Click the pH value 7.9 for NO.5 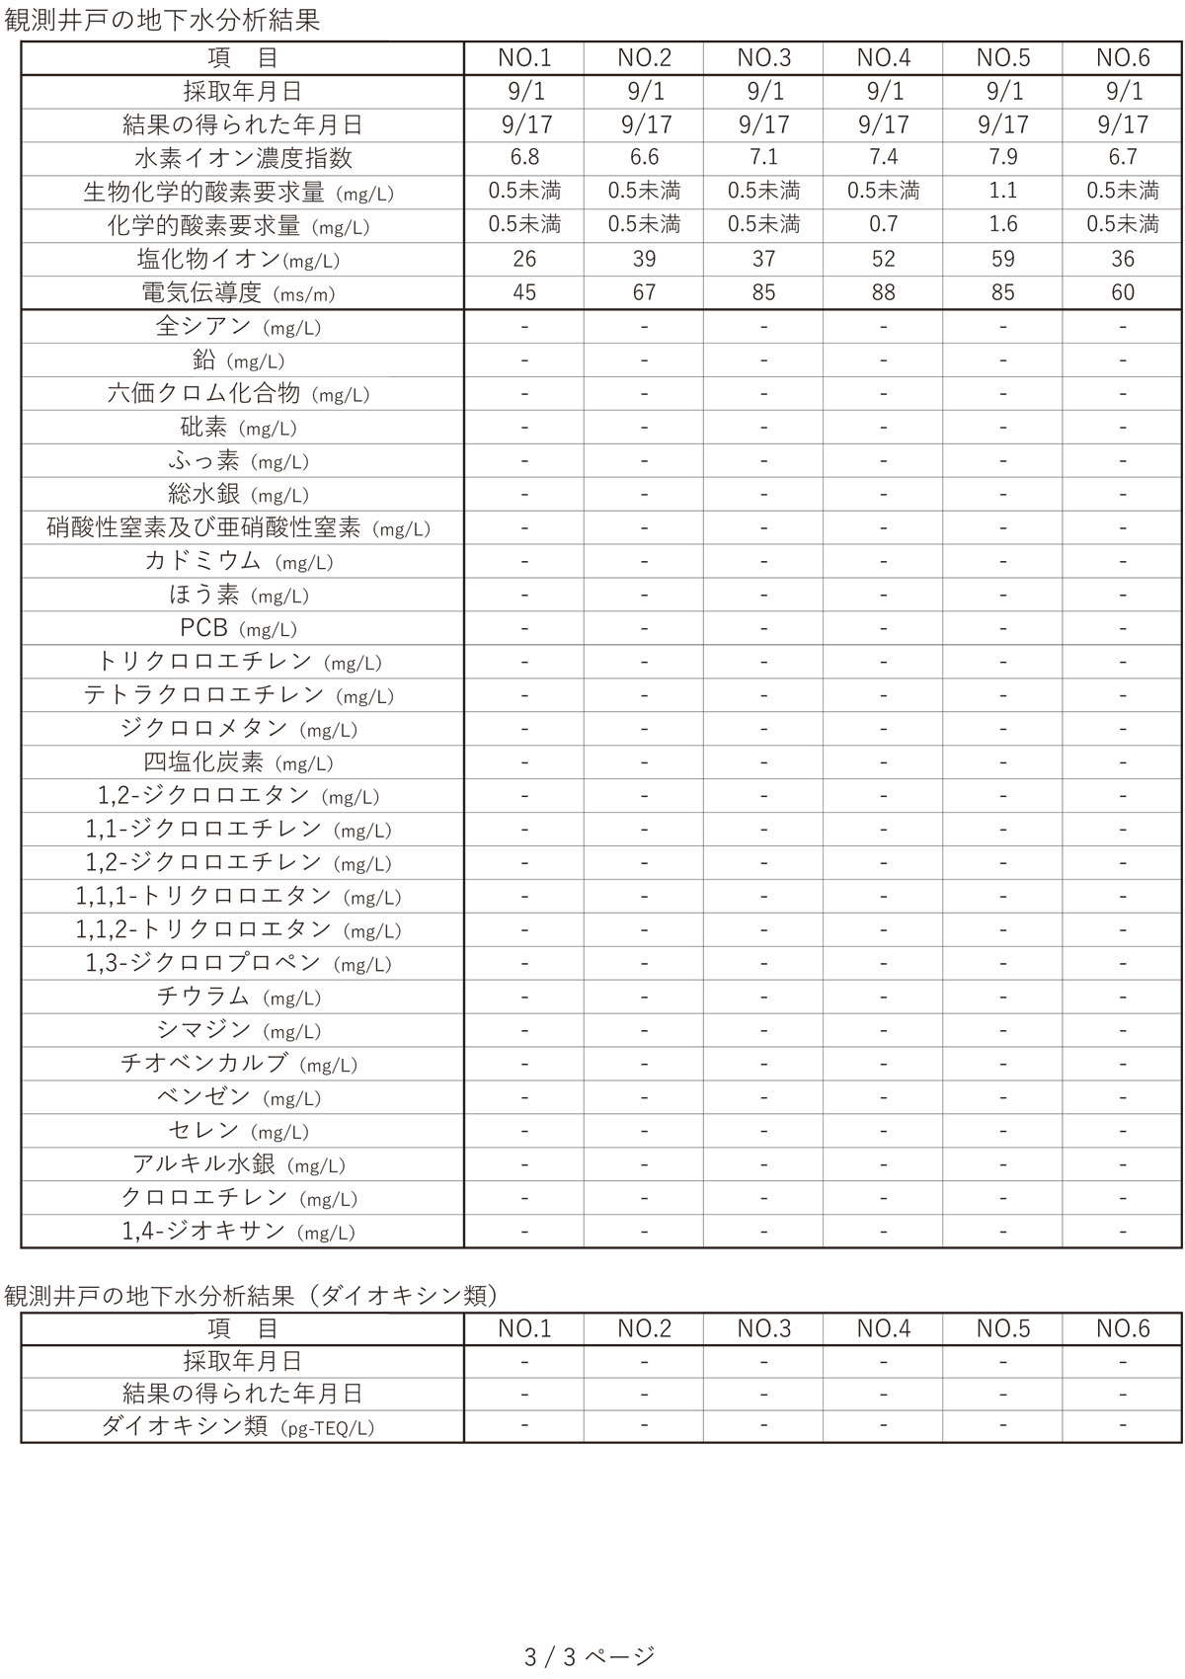click(x=1003, y=158)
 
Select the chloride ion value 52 click(x=884, y=259)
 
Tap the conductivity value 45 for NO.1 click(x=524, y=292)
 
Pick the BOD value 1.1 click(x=1003, y=192)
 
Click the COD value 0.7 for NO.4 click(x=884, y=225)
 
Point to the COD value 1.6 click(x=1003, y=225)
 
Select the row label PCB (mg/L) click(x=238, y=628)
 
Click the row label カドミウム click(x=238, y=561)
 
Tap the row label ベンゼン click(x=238, y=1097)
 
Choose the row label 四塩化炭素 click(x=238, y=762)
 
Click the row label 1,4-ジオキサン click(x=238, y=1232)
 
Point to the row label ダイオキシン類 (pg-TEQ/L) click(x=238, y=1427)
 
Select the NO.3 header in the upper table click(x=764, y=58)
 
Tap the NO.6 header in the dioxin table click(x=1123, y=1328)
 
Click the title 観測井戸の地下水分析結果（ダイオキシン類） click(x=252, y=1296)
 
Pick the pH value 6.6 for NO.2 click(x=645, y=158)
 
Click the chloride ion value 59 click(x=1003, y=259)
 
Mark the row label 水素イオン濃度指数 click(x=243, y=158)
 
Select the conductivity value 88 click(x=884, y=292)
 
